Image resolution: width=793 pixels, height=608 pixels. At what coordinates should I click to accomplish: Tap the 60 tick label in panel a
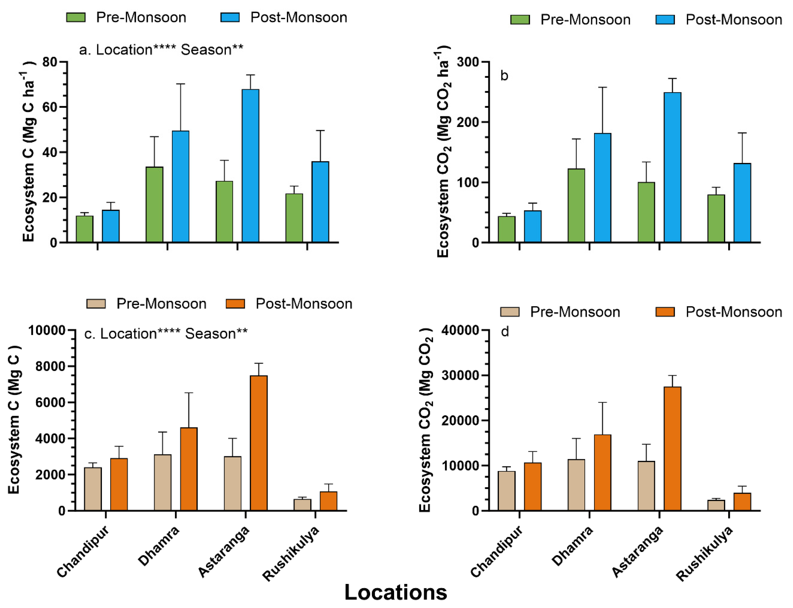50,107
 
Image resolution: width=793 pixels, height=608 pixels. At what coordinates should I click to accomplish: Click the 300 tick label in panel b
467,62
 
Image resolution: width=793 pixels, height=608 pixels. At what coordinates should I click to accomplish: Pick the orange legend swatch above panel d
665,312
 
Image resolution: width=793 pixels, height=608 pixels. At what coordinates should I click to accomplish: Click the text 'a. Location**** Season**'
161,50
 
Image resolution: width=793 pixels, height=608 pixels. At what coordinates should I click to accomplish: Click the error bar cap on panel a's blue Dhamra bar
180,84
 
